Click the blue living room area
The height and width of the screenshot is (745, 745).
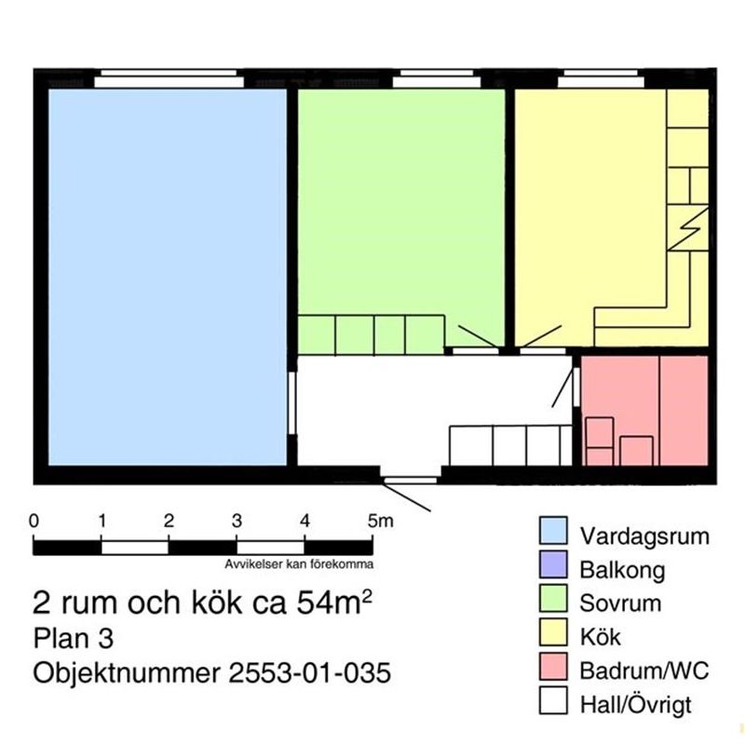pos(167,276)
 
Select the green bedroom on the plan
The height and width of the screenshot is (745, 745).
pos(400,205)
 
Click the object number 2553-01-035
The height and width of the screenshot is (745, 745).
pos(308,672)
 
